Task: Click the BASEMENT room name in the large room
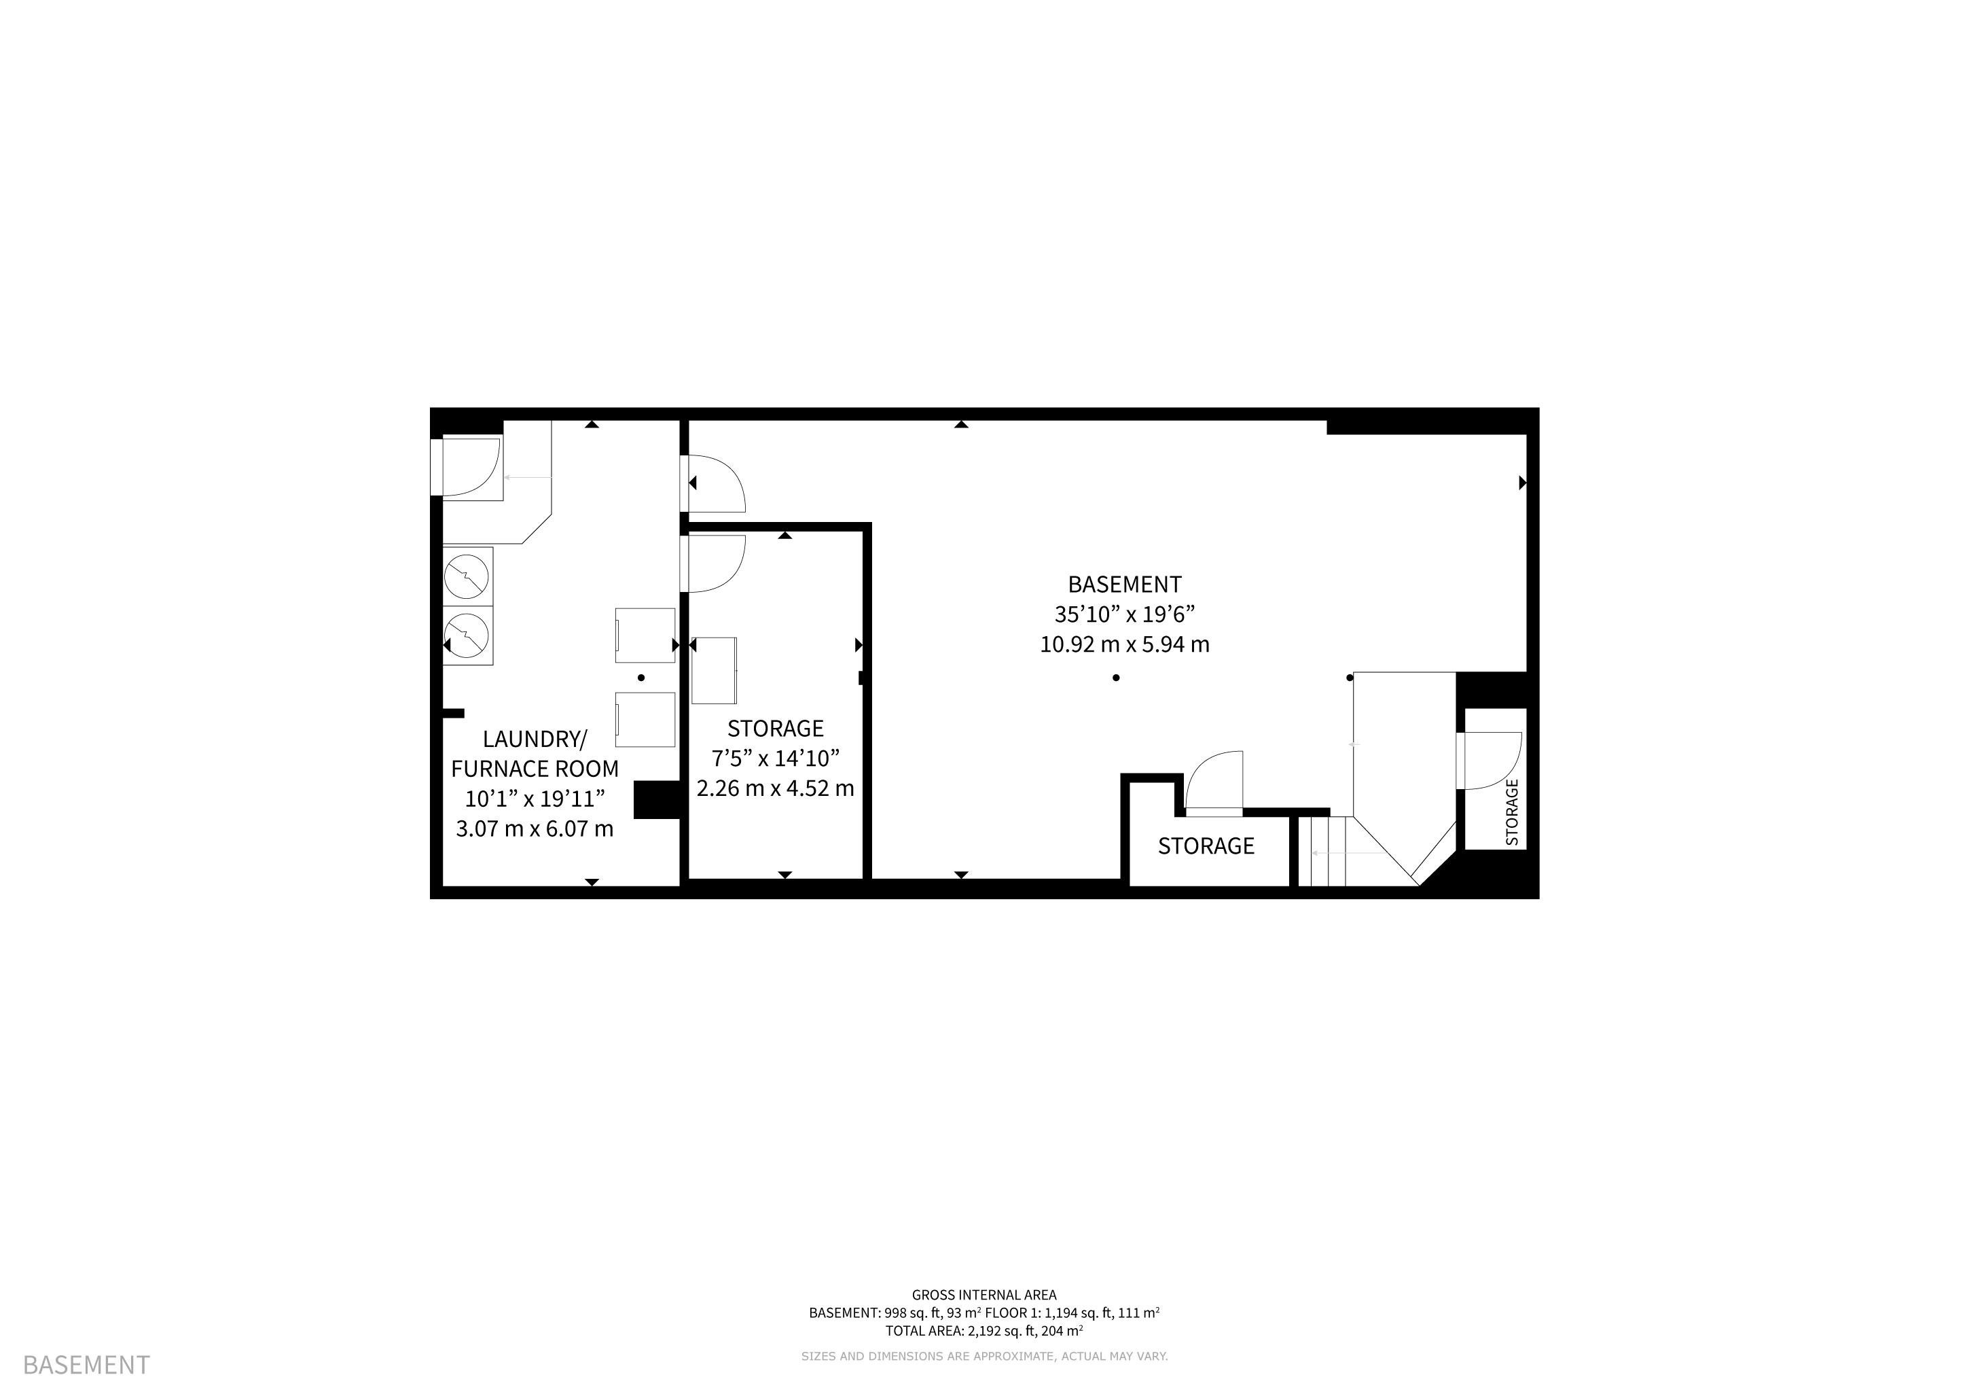coord(1124,585)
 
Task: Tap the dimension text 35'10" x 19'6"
coord(1124,614)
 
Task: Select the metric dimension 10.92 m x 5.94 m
coord(1124,644)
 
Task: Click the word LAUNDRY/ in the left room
coord(535,739)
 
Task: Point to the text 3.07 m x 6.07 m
coord(535,829)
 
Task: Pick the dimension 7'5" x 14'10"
coord(775,759)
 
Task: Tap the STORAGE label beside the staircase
coord(1206,846)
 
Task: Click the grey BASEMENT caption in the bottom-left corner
coord(86,1363)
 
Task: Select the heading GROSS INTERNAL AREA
coord(983,1295)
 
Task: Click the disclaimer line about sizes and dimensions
coord(983,1356)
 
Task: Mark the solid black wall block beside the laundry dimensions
coord(656,800)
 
